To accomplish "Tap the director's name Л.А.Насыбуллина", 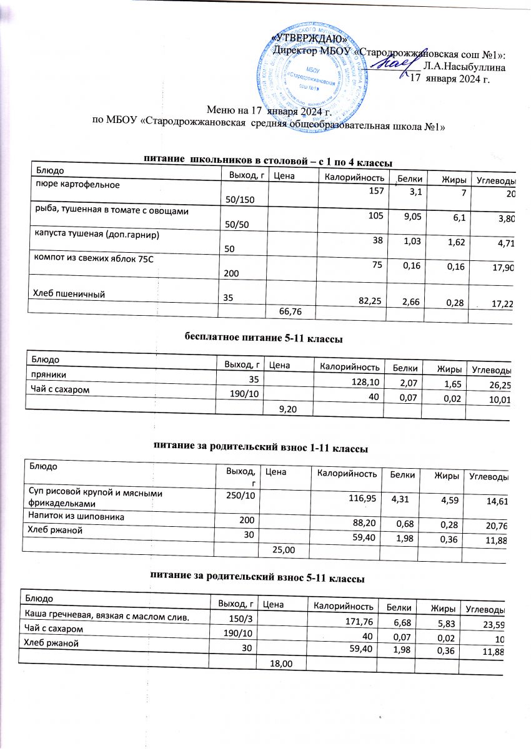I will tap(464, 65).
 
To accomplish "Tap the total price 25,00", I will tap(281, 549).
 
